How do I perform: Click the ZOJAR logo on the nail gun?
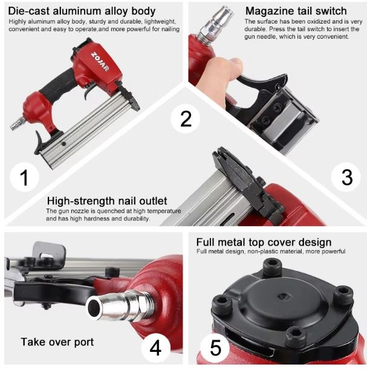[100, 61]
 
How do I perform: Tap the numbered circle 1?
[24, 177]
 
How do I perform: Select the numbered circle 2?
[186, 119]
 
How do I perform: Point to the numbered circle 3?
[346, 177]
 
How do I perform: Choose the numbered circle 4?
[155, 348]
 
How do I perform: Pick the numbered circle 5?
[215, 348]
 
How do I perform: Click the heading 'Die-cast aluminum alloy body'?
[82, 11]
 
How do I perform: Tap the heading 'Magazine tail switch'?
[296, 11]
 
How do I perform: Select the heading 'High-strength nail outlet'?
[107, 201]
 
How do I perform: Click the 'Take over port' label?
[57, 342]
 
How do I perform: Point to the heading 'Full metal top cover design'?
[264, 242]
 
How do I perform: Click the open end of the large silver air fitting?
[94, 307]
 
